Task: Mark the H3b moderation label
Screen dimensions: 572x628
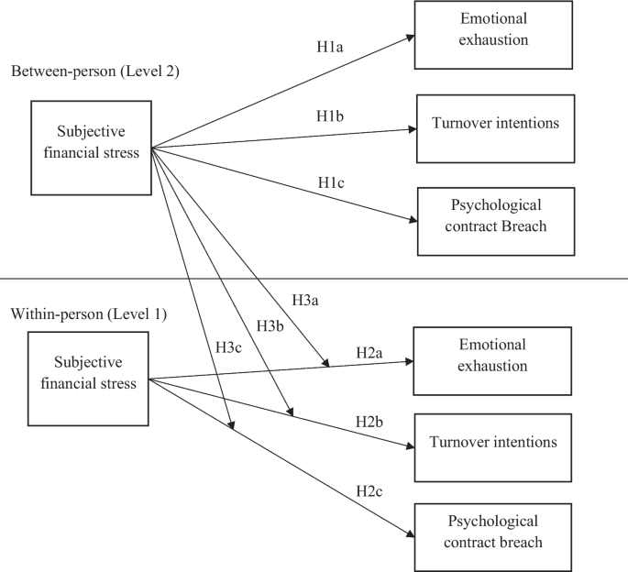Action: (271, 325)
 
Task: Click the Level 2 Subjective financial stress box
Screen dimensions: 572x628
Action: (92, 147)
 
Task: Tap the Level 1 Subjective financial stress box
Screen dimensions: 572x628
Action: (88, 379)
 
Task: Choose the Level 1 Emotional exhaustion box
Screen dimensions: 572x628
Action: (481, 356)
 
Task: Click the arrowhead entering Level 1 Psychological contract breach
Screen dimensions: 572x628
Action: (410, 536)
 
